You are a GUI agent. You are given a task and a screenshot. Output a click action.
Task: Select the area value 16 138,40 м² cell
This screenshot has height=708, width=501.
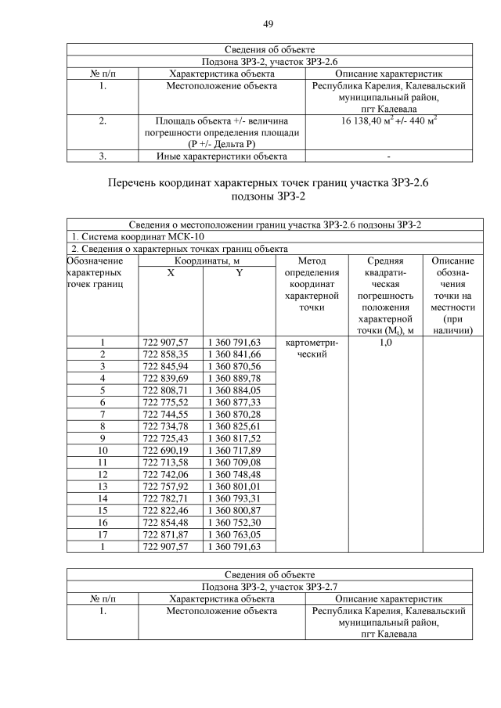389,121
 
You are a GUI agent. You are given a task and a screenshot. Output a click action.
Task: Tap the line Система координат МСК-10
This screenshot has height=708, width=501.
138,237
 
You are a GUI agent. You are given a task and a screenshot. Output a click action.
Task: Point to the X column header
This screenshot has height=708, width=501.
171,272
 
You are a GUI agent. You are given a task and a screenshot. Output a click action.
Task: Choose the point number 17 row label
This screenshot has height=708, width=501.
102,534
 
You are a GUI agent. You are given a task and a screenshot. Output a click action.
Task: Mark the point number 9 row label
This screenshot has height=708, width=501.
102,438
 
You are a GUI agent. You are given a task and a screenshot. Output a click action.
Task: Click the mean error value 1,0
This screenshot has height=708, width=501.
385,342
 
